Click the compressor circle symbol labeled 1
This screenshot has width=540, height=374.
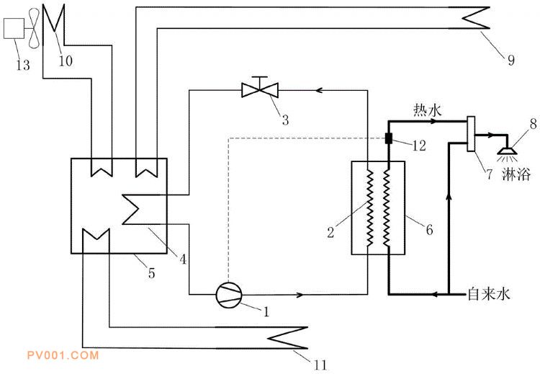coord(229,295)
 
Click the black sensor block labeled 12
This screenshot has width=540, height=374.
coord(389,138)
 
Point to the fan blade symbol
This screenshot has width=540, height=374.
coord(33,28)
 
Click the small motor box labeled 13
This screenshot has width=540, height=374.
coord(14,28)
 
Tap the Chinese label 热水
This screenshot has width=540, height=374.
coord(428,111)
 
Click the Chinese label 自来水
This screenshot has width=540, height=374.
coord(488,295)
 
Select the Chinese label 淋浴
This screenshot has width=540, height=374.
coord(516,174)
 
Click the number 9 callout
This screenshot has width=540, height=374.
coord(511,60)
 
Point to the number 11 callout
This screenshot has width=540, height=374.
coord(320,365)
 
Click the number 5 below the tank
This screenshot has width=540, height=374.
coord(151,273)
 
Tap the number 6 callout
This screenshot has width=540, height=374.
coord(429,230)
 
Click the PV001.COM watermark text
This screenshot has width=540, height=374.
coord(63,355)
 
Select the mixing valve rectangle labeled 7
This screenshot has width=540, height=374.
coord(471,134)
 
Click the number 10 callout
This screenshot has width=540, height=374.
coord(66,61)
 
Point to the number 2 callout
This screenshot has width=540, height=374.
coord(330,232)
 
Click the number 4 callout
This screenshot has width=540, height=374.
coord(183,259)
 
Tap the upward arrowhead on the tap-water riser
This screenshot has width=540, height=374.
coord(449,196)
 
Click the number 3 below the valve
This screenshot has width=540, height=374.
coord(285,120)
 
